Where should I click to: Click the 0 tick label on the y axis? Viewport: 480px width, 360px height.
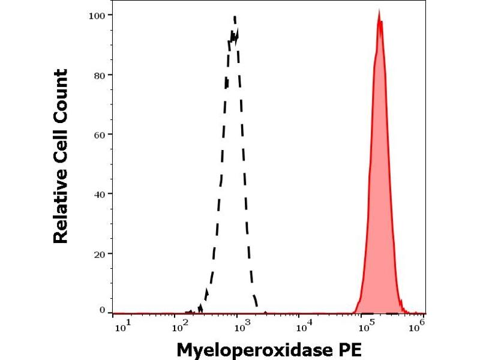coord(103,310)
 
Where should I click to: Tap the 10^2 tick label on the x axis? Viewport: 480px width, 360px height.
coord(180,327)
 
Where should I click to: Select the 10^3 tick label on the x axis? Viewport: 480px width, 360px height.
coord(242,327)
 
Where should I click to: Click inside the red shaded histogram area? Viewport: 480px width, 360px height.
coord(379,180)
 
